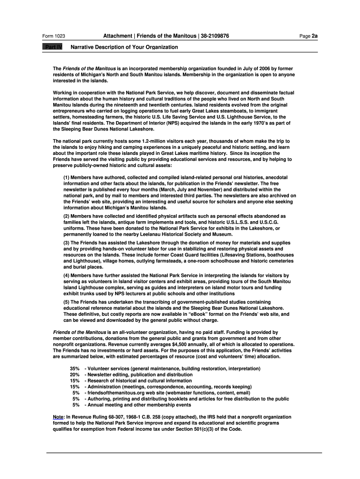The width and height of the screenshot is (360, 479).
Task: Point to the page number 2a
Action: (x=315, y=36)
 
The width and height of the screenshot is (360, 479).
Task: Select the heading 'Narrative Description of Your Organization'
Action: (x=124, y=47)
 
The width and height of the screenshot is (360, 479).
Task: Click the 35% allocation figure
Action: (x=74, y=369)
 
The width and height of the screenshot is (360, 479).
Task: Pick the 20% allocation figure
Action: (x=74, y=375)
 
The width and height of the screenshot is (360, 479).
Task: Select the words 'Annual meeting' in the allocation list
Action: (x=104, y=405)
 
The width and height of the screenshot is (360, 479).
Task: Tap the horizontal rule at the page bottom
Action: (x=183, y=453)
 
